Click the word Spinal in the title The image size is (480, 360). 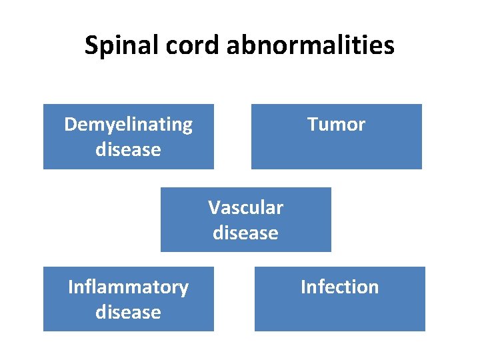(x=117, y=46)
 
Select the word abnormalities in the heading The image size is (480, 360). (x=311, y=46)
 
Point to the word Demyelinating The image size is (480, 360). (x=128, y=125)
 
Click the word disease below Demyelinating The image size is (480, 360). (x=128, y=149)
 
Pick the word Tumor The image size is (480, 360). (x=336, y=125)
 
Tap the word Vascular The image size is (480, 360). (x=245, y=208)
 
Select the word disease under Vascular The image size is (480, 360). (x=245, y=233)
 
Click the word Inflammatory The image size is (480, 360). (x=128, y=287)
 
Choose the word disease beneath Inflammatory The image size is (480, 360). (x=128, y=312)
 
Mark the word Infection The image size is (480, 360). (x=339, y=287)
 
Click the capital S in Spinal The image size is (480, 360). (x=91, y=46)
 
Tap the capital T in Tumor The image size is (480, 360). (x=312, y=125)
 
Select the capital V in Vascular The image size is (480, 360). (x=213, y=208)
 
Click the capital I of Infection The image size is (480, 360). (x=303, y=287)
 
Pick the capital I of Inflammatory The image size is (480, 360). (x=71, y=287)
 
